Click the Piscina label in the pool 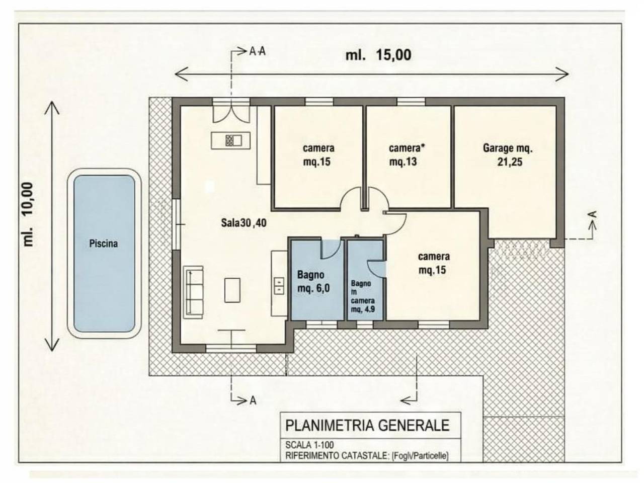(103, 244)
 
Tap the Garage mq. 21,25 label (507, 155)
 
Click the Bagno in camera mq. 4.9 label (363, 297)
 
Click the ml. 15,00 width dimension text (378, 55)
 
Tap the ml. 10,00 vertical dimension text (28, 214)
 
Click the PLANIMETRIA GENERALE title (367, 425)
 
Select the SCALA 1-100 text (309, 445)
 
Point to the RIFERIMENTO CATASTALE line (366, 456)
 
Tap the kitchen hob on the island (230, 140)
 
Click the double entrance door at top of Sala (231, 112)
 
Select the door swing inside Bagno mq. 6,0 (330, 249)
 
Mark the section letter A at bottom (254, 400)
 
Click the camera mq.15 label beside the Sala (318, 155)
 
